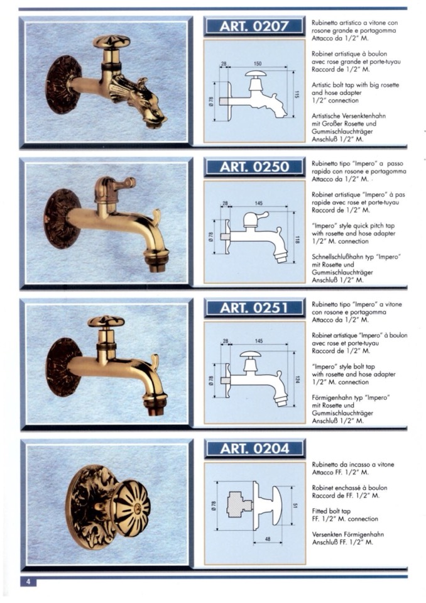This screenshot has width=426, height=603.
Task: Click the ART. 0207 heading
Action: [254, 26]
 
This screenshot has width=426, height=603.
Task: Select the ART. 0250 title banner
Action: [254, 167]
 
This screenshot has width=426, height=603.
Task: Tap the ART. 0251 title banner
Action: [254, 307]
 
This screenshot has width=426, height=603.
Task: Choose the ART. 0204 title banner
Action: [254, 448]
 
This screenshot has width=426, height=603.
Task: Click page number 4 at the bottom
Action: [28, 582]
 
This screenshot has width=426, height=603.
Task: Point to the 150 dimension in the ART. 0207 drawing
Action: [258, 64]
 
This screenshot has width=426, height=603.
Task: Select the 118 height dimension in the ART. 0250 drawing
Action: [298, 240]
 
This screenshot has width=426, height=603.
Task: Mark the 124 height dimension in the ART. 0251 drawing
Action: [298, 379]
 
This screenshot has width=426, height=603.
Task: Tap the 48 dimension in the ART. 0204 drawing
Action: [268, 539]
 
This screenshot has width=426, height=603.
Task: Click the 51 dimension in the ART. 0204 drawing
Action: [295, 506]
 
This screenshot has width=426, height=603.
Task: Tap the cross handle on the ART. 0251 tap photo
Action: [106, 321]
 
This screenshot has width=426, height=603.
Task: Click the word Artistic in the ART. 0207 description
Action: [322, 85]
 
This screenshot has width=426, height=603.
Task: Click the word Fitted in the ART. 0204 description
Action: [320, 511]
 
